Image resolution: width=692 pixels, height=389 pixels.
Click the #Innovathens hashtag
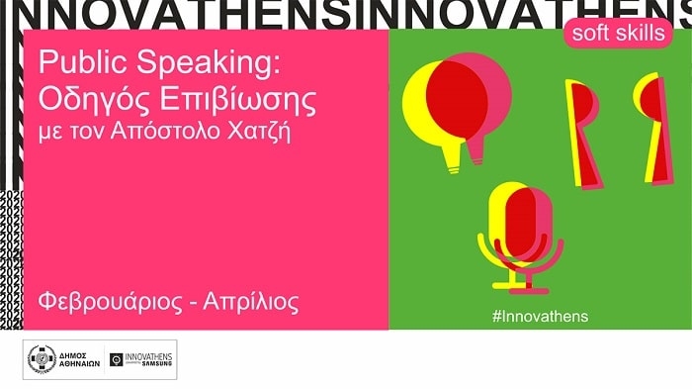click(x=539, y=316)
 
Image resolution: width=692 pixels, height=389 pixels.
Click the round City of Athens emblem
click(x=41, y=360)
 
